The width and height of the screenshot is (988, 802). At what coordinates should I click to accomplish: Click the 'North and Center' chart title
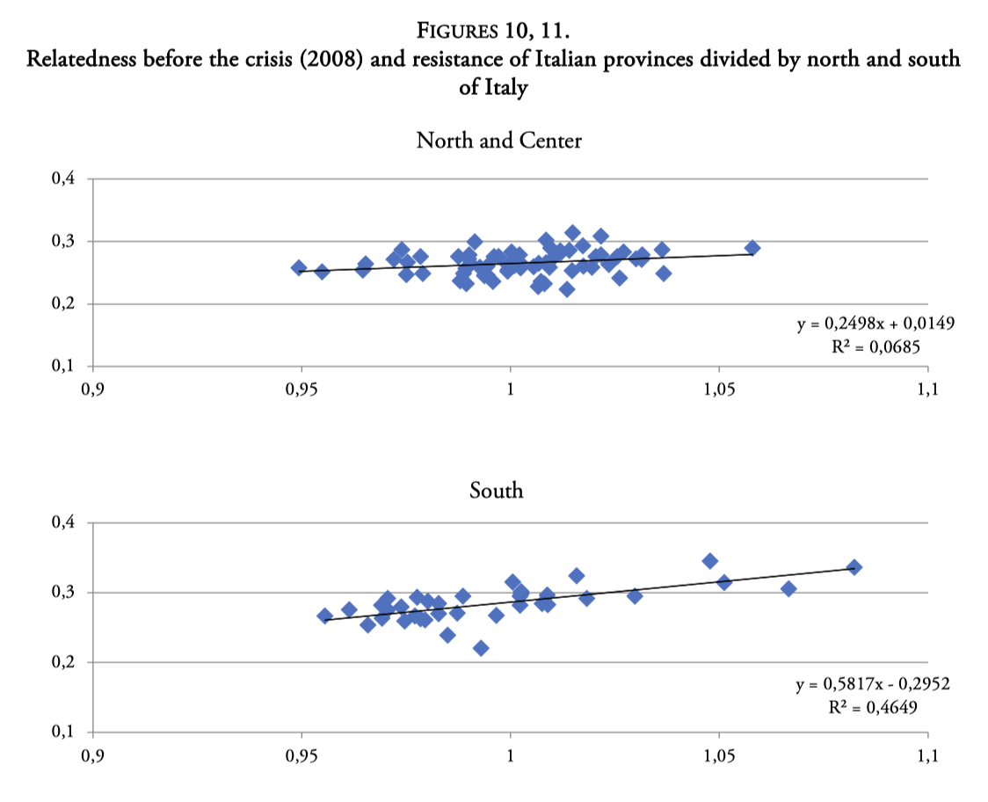coord(498,141)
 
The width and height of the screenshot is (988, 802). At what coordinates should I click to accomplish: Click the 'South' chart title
coord(497,490)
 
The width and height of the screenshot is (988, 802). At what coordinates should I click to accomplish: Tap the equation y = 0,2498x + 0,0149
coord(875,324)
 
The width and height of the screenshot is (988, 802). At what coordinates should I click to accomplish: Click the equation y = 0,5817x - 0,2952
coord(875,684)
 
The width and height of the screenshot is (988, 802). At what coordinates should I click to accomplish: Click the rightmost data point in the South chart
coord(854,567)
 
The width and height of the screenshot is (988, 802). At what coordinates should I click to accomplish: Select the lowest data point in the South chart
coord(481,648)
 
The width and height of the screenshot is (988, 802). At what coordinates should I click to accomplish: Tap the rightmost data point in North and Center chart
coord(752,248)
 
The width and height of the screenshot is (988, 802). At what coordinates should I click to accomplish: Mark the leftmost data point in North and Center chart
coord(299,267)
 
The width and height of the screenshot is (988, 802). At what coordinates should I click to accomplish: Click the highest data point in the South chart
coord(710,561)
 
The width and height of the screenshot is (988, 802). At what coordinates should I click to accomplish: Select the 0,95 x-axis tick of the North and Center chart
coord(301,390)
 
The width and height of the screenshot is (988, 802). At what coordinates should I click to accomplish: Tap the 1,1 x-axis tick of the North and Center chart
coord(927,390)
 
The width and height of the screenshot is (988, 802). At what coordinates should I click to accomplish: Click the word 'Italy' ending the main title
coord(505,88)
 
